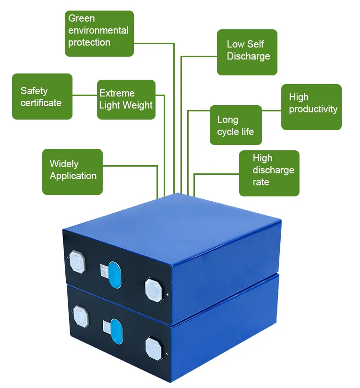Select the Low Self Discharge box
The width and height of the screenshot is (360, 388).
(247, 52)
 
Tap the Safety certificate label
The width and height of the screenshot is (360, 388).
(42, 97)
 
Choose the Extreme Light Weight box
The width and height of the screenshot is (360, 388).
(126, 99)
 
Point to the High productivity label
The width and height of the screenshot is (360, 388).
(312, 107)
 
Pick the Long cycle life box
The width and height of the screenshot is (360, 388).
(236, 125)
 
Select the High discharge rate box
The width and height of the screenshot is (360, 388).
(269, 173)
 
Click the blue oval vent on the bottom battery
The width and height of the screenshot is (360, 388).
(117, 332)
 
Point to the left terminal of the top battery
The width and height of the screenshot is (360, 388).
(78, 261)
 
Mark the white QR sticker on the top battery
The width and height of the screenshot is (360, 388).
(103, 271)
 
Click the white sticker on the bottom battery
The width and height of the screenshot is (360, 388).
(105, 327)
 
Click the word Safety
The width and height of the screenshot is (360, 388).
(34, 91)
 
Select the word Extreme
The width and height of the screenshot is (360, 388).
(117, 94)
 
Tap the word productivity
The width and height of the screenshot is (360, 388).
(313, 109)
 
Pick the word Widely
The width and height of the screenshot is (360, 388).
(64, 164)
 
